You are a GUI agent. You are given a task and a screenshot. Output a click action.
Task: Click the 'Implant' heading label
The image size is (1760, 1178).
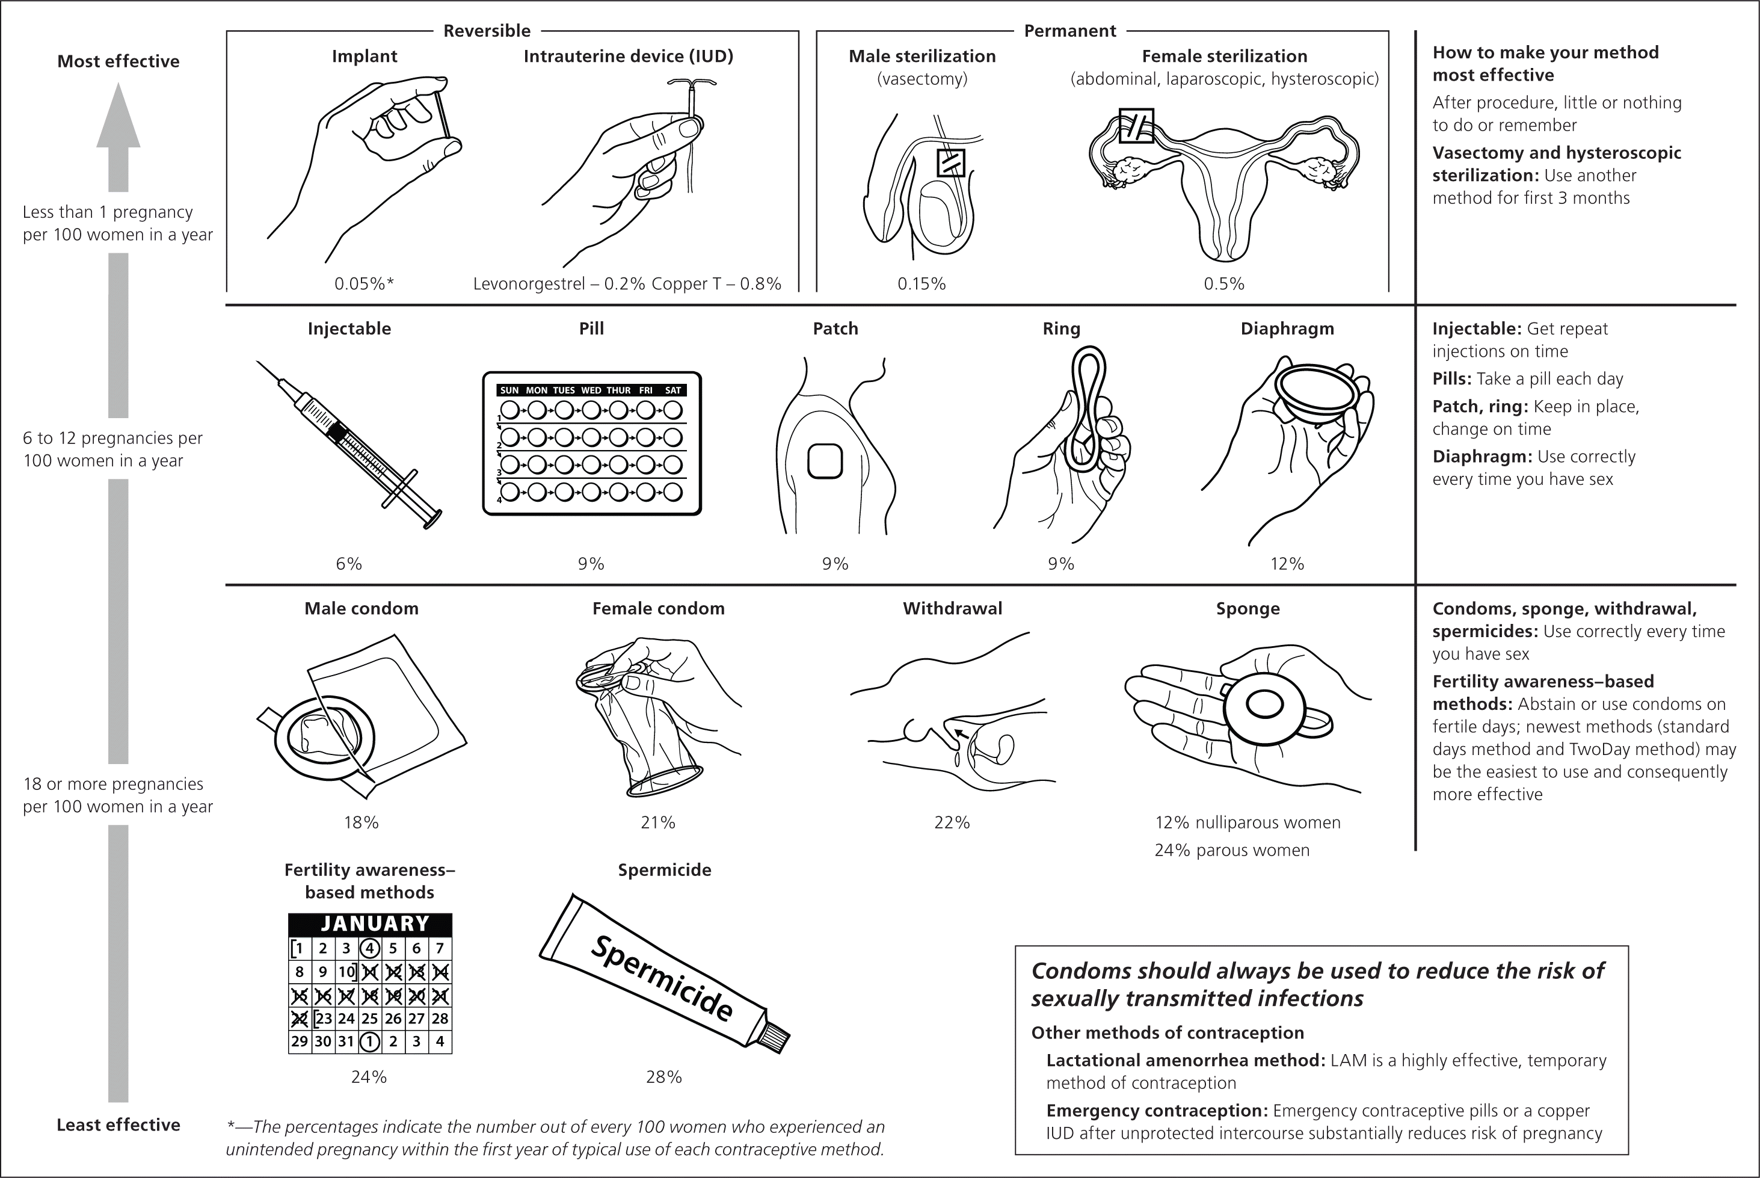pyautogui.click(x=365, y=57)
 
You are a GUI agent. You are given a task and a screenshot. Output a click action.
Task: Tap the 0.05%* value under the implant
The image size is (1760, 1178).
pyautogui.click(x=365, y=284)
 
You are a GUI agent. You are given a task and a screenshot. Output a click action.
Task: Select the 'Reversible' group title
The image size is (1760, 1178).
pyautogui.click(x=487, y=31)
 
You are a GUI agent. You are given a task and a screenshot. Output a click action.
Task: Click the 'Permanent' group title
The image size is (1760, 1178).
pyautogui.click(x=1069, y=31)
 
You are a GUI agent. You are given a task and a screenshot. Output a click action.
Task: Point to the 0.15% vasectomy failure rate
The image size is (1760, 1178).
pyautogui.click(x=922, y=284)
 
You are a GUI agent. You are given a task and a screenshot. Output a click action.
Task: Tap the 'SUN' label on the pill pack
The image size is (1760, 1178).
pyautogui.click(x=509, y=390)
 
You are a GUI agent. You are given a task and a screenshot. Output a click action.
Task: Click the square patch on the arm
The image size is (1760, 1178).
pyautogui.click(x=825, y=461)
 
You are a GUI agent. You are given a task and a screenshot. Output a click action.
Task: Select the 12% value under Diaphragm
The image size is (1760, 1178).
pyautogui.click(x=1287, y=564)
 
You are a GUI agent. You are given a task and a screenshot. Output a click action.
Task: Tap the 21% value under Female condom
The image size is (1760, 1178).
pyautogui.click(x=658, y=822)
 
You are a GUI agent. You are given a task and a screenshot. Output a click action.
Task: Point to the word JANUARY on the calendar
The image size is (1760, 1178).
pyautogui.click(x=375, y=924)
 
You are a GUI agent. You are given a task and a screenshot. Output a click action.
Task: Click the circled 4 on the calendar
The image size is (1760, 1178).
pyautogui.click(x=369, y=948)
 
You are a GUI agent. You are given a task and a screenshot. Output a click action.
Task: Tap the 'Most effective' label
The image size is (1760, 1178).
pyautogui.click(x=118, y=61)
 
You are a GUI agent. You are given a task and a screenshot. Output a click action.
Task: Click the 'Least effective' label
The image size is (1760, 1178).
pyautogui.click(x=118, y=1124)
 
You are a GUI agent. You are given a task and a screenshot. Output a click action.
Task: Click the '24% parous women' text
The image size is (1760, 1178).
pyautogui.click(x=1232, y=851)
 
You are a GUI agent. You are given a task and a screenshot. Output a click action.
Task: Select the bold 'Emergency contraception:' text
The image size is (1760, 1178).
pyautogui.click(x=1157, y=1111)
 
